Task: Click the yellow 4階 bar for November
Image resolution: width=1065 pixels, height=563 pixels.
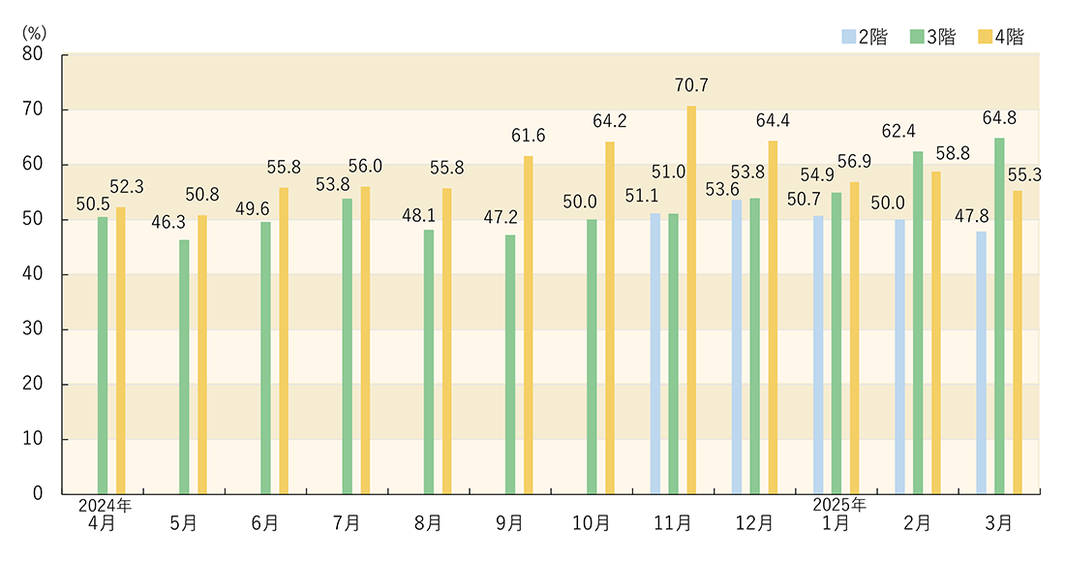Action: tap(691, 300)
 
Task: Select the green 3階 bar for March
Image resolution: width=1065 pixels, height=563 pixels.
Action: tap(999, 316)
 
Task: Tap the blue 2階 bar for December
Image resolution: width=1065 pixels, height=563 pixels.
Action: tap(737, 347)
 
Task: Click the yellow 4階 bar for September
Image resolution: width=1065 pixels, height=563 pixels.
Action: tap(529, 325)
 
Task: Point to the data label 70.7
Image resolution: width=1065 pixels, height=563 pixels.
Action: tap(691, 86)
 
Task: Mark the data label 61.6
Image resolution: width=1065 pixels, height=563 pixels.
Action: tap(528, 136)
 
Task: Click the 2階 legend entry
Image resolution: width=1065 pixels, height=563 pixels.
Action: tap(864, 37)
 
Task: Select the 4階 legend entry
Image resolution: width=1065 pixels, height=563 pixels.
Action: tap(1001, 37)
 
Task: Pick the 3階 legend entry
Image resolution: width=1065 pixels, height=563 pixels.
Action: tap(932, 37)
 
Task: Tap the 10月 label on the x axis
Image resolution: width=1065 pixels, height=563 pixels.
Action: tap(591, 523)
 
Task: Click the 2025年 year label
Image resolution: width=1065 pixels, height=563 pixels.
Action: tap(838, 505)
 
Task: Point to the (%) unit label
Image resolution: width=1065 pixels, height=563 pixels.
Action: tap(35, 31)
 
